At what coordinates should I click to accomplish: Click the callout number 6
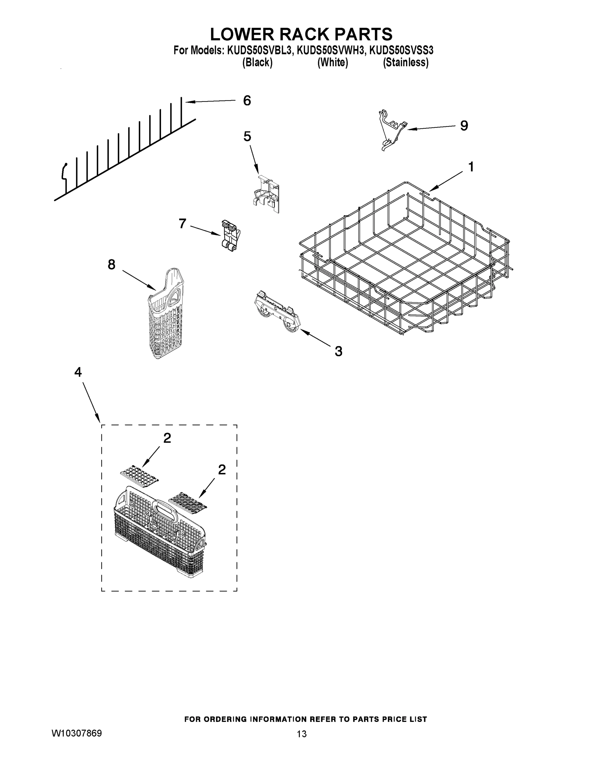(247, 101)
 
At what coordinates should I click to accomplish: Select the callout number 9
(464, 126)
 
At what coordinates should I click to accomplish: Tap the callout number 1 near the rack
(471, 167)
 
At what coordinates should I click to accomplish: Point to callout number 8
(111, 264)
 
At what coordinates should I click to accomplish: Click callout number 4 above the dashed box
(78, 372)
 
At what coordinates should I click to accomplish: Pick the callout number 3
(338, 351)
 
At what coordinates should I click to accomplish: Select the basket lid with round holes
(139, 475)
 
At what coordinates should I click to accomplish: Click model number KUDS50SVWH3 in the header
(331, 51)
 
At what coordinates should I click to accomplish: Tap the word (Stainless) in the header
(405, 63)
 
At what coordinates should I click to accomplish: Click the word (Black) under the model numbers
(257, 63)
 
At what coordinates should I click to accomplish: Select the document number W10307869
(77, 733)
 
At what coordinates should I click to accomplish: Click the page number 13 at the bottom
(301, 734)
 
